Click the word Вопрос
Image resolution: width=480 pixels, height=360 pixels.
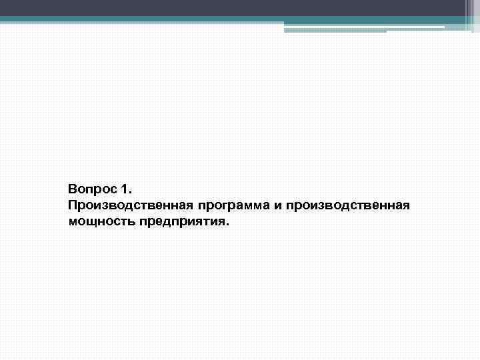pyautogui.click(x=90, y=190)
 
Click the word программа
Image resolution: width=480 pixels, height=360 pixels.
pyautogui.click(x=224, y=205)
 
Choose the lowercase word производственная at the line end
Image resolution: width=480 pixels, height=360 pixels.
pyautogui.click(x=347, y=205)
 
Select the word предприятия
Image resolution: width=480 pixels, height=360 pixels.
pyautogui.click(x=181, y=221)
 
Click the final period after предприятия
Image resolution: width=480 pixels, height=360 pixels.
pyautogui.click(x=227, y=224)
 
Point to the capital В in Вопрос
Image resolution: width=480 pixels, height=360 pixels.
pyautogui.click(x=72, y=190)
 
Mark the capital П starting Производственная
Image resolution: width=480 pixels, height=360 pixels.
pyautogui.click(x=73, y=205)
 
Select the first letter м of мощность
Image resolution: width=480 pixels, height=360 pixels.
pyautogui.click(x=73, y=221)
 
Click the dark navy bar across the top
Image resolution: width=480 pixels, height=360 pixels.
pyautogui.click(x=227, y=7)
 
